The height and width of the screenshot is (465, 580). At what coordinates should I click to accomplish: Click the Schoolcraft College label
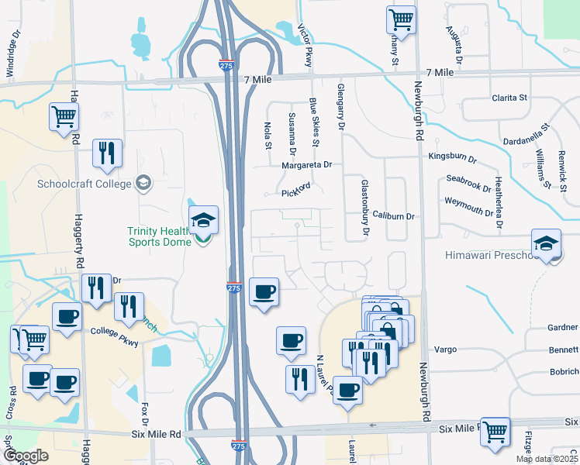(x=85, y=184)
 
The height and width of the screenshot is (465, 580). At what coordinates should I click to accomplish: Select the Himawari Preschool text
(x=489, y=255)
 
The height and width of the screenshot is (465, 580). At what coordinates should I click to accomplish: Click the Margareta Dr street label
(x=306, y=164)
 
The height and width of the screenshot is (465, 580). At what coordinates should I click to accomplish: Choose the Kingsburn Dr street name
(x=452, y=157)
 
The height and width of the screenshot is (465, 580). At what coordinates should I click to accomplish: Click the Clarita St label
(x=509, y=98)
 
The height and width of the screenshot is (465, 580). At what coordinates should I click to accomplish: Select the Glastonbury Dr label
(x=364, y=207)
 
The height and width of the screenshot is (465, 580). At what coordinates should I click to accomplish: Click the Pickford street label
(x=295, y=190)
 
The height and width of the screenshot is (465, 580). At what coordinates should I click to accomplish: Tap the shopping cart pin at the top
(x=401, y=20)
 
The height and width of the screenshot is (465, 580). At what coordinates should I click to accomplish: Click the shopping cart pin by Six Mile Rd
(x=495, y=432)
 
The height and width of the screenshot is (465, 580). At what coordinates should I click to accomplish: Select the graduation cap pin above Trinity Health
(x=203, y=221)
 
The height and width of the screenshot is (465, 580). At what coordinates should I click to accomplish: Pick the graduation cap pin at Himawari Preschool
(x=546, y=244)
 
